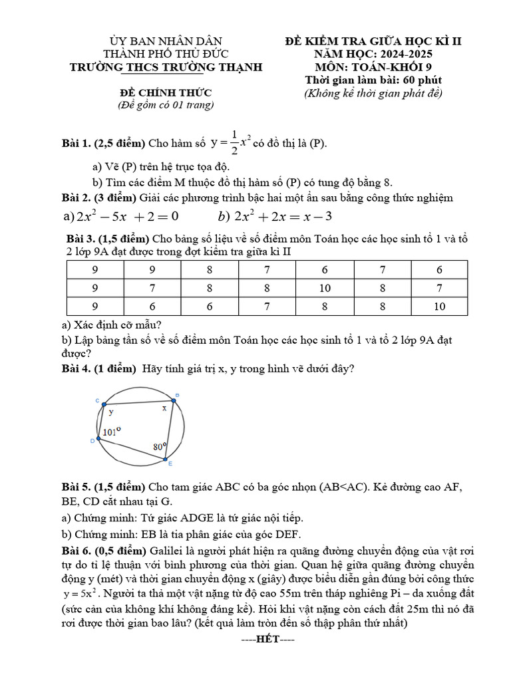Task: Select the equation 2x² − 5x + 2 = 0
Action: [x=126, y=216]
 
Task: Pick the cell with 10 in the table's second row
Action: [x=325, y=288]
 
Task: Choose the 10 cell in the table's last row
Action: [x=439, y=307]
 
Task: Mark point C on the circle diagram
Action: [x=100, y=403]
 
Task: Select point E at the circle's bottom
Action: [x=165, y=460]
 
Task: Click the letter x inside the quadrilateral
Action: [x=164, y=409]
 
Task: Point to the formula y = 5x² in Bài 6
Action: [x=83, y=593]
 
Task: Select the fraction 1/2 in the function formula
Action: [x=234, y=144]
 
